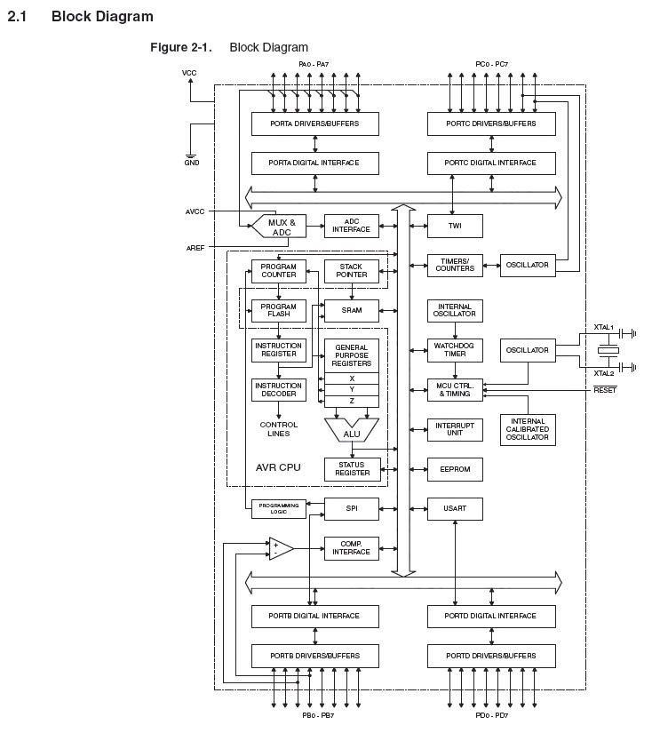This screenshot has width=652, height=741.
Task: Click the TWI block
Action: click(455, 227)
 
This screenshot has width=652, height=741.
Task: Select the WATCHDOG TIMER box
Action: click(455, 349)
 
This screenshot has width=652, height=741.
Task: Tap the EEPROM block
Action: click(455, 469)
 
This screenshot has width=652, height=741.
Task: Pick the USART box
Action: click(455, 508)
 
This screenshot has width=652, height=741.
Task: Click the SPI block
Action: click(352, 508)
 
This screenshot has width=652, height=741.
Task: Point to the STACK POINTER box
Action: click(352, 271)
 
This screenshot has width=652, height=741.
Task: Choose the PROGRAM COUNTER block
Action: click(279, 271)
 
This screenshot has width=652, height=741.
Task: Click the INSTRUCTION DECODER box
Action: click(279, 389)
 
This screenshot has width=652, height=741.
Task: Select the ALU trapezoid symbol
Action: click(352, 430)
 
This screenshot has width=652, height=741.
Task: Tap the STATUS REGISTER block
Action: click(352, 469)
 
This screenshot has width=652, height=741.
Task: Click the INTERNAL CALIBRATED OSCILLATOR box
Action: click(528, 430)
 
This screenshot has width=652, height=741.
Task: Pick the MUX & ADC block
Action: click(281, 227)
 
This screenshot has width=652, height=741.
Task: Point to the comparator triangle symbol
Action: click(280, 548)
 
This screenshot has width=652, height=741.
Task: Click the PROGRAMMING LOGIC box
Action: click(279, 509)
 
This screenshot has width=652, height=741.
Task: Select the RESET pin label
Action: click(605, 390)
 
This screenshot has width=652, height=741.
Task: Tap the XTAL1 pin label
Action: click(604, 328)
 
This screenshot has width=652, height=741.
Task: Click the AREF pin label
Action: click(195, 247)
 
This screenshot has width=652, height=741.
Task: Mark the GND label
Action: click(192, 163)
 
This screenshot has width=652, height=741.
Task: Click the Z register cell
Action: click(352, 401)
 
